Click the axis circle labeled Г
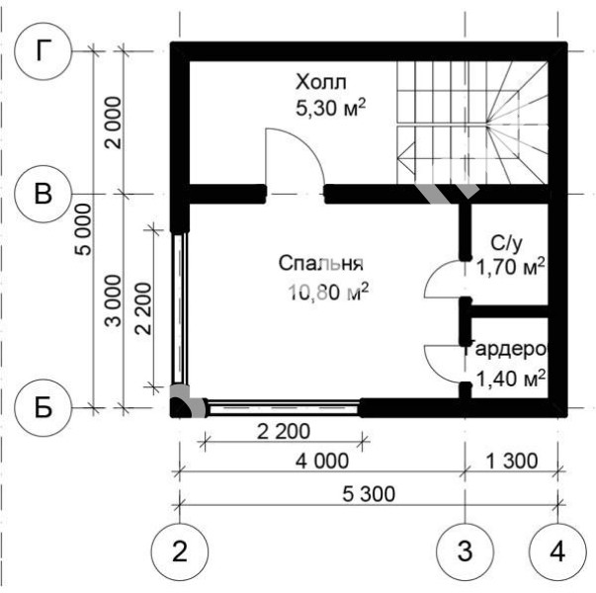[43, 51]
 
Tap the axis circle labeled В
[43, 194]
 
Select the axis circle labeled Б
[43, 407]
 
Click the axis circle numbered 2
[180, 551]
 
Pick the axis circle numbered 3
[465, 551]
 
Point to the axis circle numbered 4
[557, 551]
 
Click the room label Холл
[321, 82]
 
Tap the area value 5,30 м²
[330, 108]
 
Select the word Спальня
[321, 264]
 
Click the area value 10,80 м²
[328, 292]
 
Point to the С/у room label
[507, 244]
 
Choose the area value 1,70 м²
[510, 267]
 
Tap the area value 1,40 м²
[510, 379]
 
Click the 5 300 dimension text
[369, 494]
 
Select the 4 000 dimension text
[322, 461]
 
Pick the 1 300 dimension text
[512, 461]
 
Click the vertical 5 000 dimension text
[84, 229]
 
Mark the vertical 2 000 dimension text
[114, 123]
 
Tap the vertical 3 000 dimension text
[114, 301]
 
